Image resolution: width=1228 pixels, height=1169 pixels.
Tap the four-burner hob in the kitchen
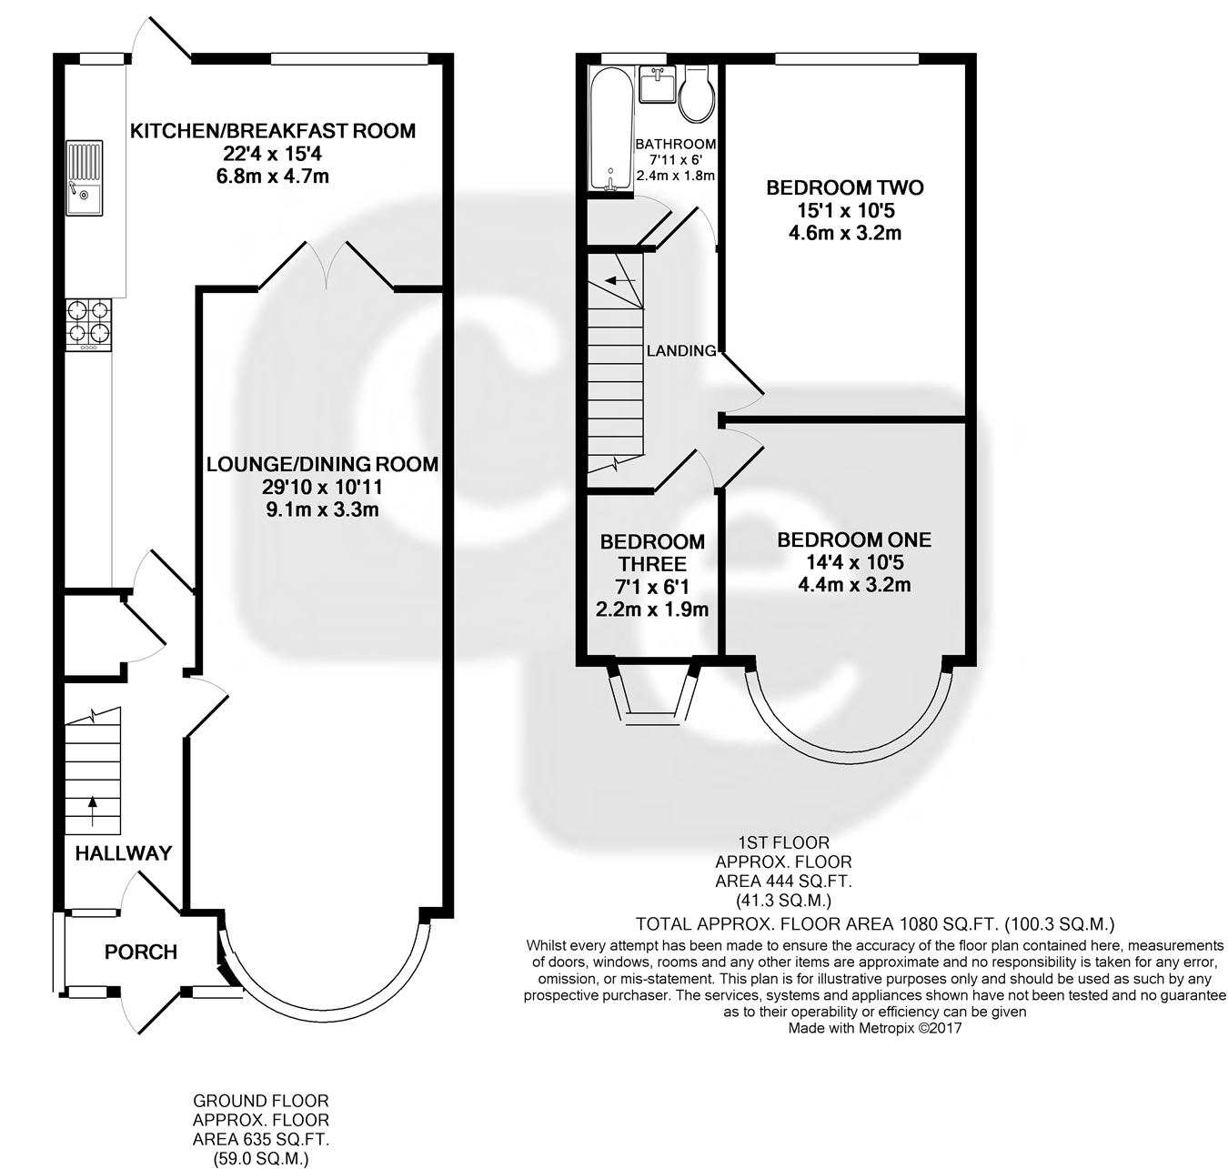tap(88, 324)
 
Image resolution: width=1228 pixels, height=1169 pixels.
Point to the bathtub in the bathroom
tap(610, 128)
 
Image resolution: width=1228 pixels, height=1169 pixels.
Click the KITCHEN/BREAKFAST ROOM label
tap(273, 131)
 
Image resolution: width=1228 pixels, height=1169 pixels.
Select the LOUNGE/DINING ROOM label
tap(322, 465)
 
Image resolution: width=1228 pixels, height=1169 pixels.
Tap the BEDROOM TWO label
tap(845, 188)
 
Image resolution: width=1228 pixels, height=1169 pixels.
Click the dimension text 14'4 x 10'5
tap(854, 562)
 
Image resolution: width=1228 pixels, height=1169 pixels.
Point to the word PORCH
tap(141, 952)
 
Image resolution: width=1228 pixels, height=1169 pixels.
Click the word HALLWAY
tap(124, 853)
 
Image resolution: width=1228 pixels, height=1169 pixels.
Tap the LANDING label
tap(681, 350)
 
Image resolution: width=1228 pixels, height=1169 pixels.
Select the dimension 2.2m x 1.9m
tap(652, 610)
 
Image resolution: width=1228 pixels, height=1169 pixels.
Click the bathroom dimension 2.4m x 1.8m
tap(675, 176)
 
